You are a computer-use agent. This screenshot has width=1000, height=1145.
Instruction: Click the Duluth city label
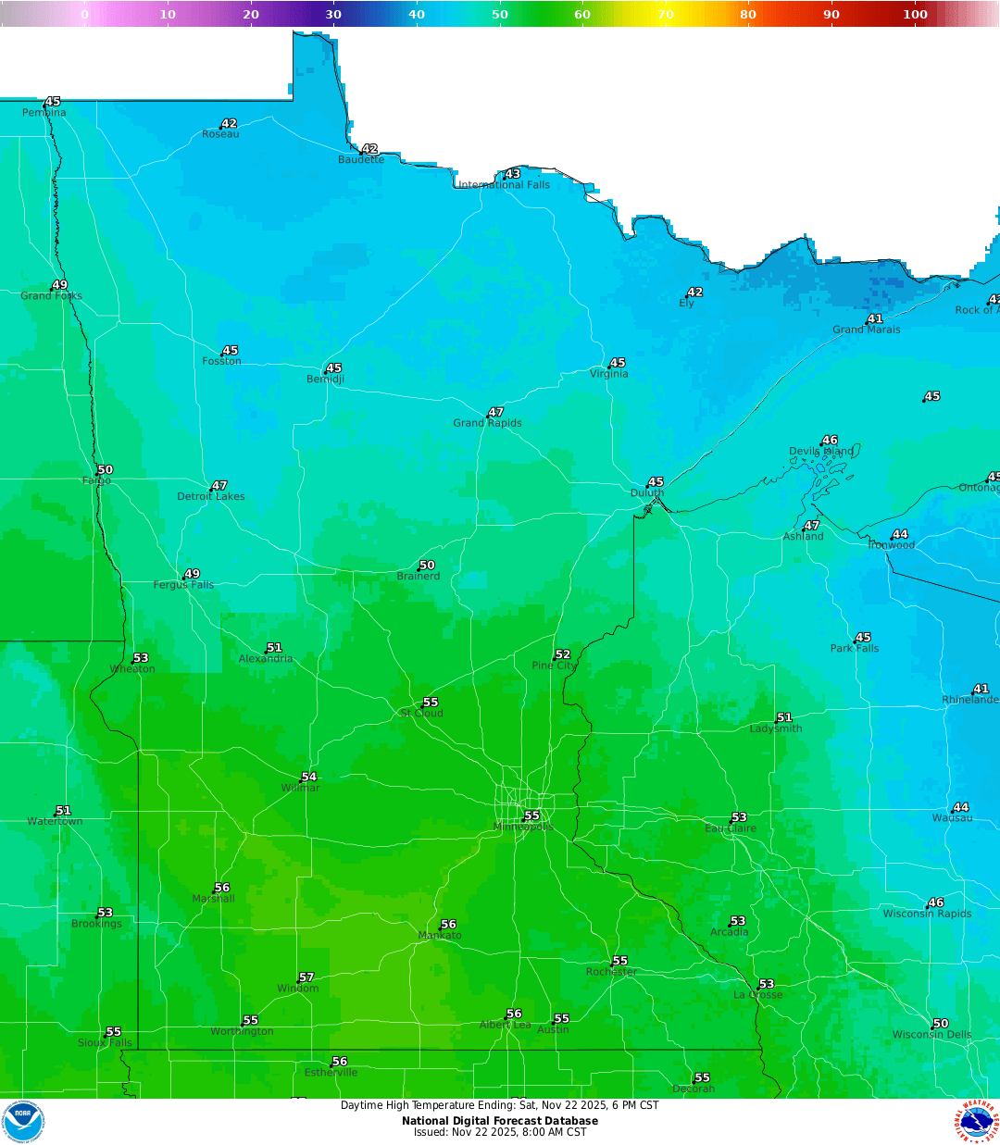tap(647, 493)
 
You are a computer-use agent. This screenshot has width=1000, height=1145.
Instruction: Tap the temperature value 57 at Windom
tap(306, 977)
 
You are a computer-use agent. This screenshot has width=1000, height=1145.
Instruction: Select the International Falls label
tap(505, 185)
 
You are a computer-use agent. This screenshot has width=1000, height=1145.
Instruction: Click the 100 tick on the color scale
tap(915, 14)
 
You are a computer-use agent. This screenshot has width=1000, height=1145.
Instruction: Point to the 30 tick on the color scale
tap(333, 14)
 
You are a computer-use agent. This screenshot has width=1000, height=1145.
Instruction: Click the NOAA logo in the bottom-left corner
tap(23, 1122)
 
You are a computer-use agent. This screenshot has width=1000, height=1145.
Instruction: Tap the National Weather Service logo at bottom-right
tap(977, 1122)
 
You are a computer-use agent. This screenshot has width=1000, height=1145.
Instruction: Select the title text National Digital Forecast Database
tap(500, 1121)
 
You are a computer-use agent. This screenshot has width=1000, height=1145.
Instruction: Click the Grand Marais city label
tap(866, 330)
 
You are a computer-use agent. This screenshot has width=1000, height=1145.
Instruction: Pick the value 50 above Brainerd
tap(427, 565)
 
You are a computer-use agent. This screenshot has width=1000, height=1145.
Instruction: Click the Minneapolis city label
tap(524, 827)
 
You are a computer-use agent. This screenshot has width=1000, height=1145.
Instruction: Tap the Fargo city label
tap(96, 480)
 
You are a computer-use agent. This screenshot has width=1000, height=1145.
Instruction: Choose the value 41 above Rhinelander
tap(981, 689)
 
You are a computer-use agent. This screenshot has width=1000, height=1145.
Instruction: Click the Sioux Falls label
tap(105, 1042)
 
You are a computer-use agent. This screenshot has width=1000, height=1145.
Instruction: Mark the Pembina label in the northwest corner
tap(44, 113)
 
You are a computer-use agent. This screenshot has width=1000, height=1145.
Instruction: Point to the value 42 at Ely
tap(695, 292)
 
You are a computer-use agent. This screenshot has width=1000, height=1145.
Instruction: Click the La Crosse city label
tap(757, 995)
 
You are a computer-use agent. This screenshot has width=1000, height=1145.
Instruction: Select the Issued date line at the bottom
tap(500, 1132)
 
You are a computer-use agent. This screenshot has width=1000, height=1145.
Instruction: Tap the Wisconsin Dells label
tap(931, 1035)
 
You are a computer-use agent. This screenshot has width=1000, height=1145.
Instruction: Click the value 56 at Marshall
tap(222, 888)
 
